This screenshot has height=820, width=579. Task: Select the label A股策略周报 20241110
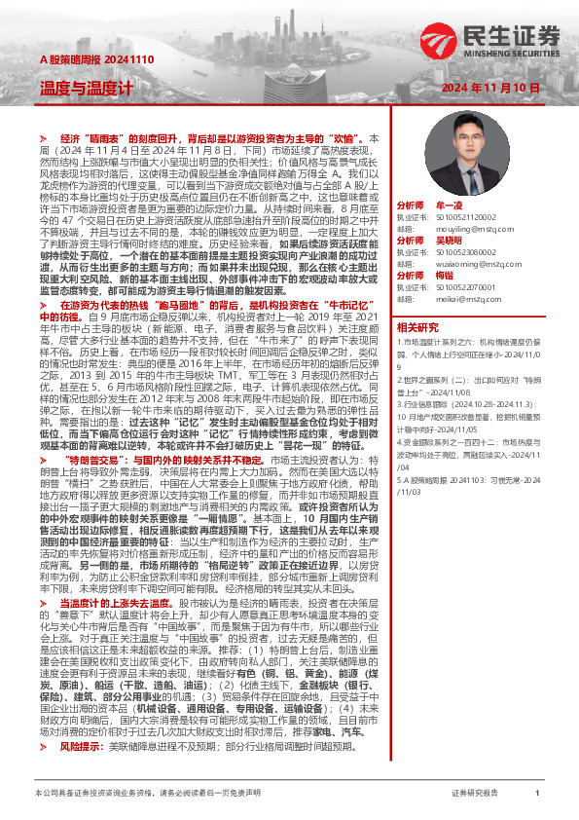pyautogui.click(x=83, y=60)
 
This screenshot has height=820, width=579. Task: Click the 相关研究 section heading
pyautogui.click(x=419, y=327)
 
